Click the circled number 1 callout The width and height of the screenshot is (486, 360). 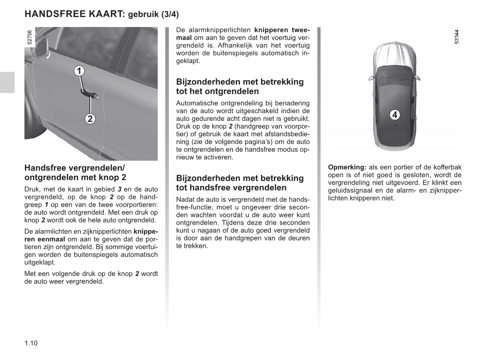point(79,71)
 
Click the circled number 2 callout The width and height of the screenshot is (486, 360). point(90,118)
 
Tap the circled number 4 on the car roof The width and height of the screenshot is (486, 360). point(395,115)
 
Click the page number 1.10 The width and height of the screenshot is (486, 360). point(31,343)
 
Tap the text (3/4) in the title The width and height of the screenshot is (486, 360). point(170,15)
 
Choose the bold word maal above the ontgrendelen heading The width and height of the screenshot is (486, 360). point(184,38)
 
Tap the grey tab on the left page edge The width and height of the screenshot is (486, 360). point(7,82)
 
